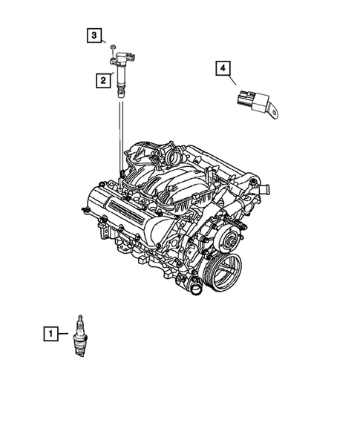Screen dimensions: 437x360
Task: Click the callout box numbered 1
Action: pyautogui.click(x=49, y=335)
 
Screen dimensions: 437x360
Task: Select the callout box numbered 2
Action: pyautogui.click(x=97, y=78)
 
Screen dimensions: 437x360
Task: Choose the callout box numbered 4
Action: pyautogui.click(x=222, y=69)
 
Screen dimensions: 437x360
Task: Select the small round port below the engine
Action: pyautogui.click(x=195, y=288)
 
